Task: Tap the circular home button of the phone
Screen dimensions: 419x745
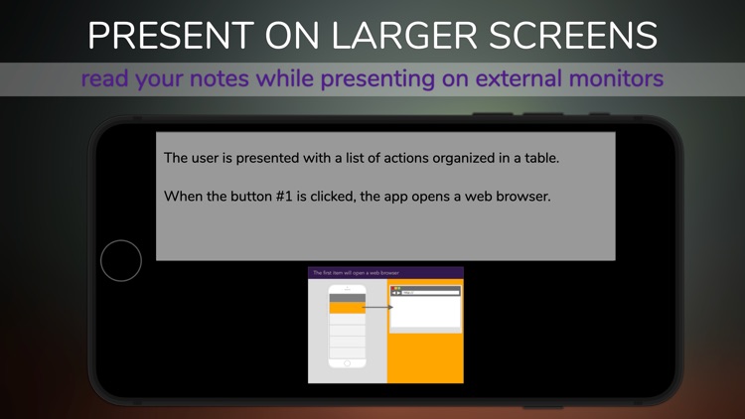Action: (x=121, y=261)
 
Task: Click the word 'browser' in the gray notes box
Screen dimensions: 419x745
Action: (x=521, y=196)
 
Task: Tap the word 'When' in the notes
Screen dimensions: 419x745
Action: (x=185, y=196)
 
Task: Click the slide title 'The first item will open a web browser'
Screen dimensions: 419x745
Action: (x=356, y=272)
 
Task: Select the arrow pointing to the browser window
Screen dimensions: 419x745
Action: (x=378, y=308)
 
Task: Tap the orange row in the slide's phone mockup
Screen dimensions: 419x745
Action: (x=347, y=308)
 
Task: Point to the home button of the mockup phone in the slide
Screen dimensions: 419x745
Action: (x=347, y=363)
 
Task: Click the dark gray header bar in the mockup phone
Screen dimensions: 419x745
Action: (x=347, y=298)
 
